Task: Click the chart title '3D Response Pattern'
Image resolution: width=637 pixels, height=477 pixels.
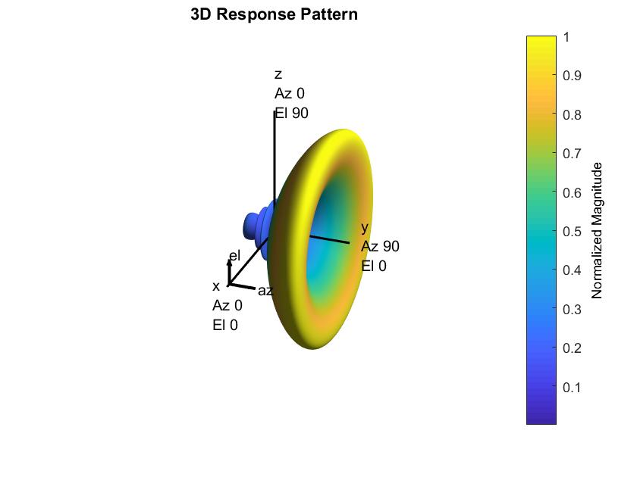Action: pos(274,14)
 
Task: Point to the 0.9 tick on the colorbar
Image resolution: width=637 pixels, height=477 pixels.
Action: pos(572,76)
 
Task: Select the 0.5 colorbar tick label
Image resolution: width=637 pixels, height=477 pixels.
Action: pos(572,232)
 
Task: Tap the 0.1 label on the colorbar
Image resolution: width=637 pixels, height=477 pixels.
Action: pos(572,388)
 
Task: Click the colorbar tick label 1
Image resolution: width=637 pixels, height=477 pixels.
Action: pos(566,37)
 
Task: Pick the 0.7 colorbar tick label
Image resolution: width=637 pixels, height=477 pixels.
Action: pos(572,154)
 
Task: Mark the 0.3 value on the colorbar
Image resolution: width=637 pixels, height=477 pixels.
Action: pos(572,310)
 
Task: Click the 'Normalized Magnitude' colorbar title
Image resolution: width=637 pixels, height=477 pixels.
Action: pos(596,230)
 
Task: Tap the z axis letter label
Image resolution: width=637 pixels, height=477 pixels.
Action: pos(278,75)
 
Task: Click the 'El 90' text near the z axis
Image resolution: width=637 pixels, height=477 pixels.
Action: pos(292,113)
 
